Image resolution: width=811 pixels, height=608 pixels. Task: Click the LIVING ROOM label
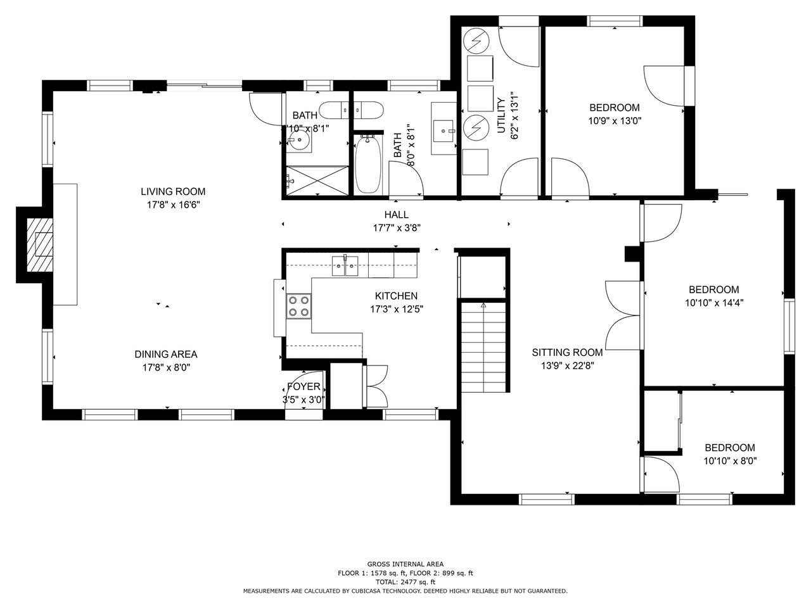coord(173,192)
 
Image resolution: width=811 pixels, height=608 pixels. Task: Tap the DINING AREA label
coord(166,355)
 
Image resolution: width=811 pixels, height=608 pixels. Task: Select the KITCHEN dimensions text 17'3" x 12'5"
coord(397,309)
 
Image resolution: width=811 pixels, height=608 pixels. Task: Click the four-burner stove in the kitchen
coord(299,307)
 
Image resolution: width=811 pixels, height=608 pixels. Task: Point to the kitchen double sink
coord(345,266)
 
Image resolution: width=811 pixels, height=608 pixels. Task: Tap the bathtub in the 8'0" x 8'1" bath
coord(367,164)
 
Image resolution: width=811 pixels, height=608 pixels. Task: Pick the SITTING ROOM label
coord(567,353)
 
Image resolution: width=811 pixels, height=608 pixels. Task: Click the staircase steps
coord(483,347)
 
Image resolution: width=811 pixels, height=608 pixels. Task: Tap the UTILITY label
coord(501,115)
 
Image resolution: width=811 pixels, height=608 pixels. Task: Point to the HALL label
coord(397,215)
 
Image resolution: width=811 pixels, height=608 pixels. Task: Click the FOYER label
coord(303,386)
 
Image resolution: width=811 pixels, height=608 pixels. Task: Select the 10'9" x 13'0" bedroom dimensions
coord(615,121)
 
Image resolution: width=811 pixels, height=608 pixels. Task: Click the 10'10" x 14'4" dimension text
coord(714,303)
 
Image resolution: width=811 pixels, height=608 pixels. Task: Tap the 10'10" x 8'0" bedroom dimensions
coord(730,460)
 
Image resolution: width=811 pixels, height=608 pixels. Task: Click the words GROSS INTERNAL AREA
coord(405,564)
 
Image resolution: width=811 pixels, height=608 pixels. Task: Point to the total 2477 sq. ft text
coord(405,582)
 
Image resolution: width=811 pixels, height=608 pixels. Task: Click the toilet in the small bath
coord(334,110)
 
